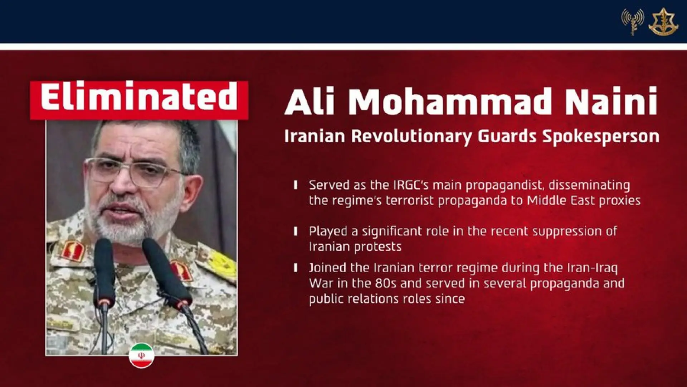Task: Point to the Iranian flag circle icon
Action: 141,355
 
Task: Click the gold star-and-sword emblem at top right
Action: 663,22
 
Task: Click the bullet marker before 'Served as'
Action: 296,185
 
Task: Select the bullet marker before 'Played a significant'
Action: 296,231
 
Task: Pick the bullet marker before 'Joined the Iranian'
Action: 296,268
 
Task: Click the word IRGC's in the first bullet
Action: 411,185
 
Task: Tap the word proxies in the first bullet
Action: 620,200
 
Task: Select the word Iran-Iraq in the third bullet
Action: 592,268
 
